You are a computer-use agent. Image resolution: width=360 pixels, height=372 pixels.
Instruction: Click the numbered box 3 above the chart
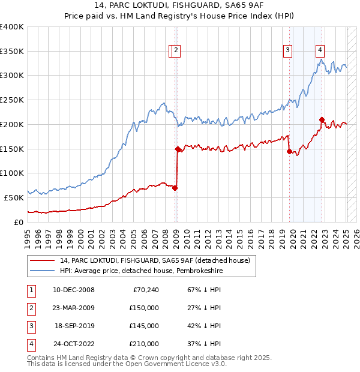(288, 50)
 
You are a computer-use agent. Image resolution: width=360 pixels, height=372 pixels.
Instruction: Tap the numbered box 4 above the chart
(320, 50)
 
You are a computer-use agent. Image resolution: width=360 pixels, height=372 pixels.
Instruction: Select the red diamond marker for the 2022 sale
(322, 119)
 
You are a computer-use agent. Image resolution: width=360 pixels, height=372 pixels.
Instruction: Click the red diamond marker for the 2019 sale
(289, 151)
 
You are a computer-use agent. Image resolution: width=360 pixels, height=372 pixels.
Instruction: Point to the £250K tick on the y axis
(12, 100)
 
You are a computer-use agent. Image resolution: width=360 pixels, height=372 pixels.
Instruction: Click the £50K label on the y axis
(14, 197)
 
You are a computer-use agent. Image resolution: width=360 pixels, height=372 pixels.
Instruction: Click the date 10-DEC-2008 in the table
(73, 290)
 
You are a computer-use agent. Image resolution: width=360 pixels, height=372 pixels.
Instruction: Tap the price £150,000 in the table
(144, 308)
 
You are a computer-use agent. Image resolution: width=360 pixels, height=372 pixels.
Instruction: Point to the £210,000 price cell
(144, 344)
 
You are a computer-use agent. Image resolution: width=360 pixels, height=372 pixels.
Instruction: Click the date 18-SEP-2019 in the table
(74, 326)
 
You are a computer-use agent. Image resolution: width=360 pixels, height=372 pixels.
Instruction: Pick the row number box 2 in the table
(31, 308)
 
